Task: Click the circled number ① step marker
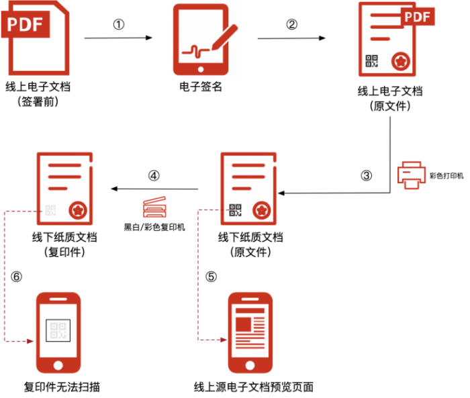pyautogui.click(x=119, y=24)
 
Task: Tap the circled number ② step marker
pyautogui.click(x=291, y=24)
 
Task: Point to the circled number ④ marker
pyautogui.click(x=154, y=176)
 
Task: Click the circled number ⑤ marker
pyautogui.click(x=211, y=277)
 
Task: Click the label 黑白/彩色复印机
pyautogui.click(x=154, y=227)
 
